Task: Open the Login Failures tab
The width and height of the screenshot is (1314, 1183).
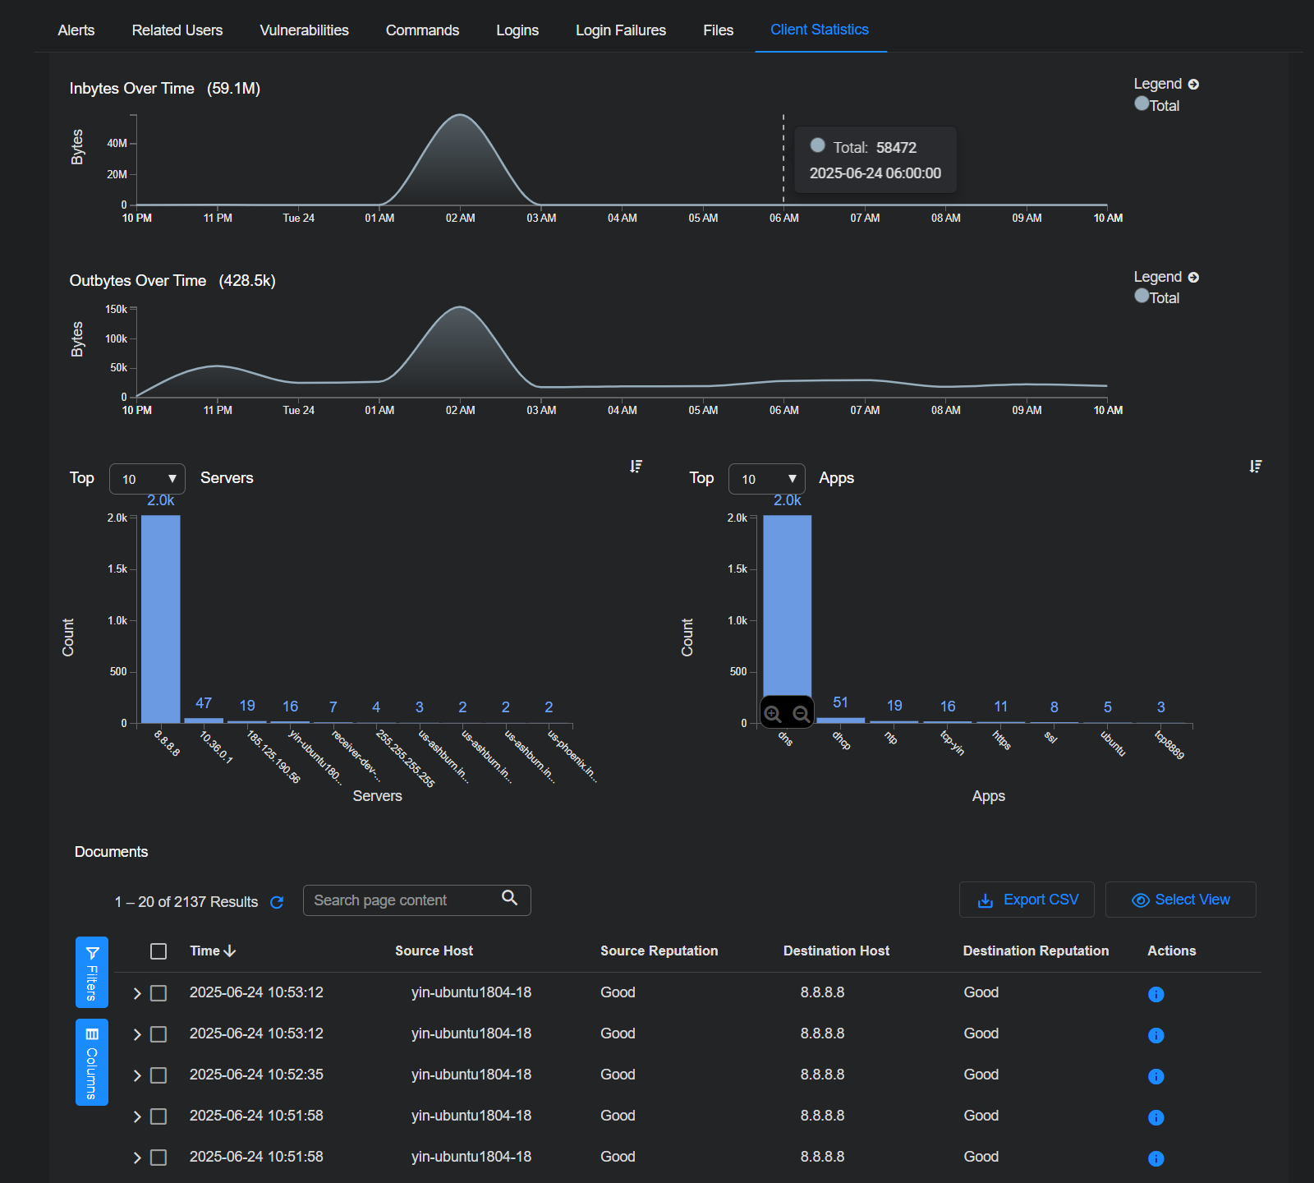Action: point(620,30)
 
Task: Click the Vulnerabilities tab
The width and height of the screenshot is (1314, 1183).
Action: point(304,30)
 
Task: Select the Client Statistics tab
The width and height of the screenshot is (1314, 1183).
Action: point(819,30)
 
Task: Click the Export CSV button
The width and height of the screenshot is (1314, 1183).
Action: point(1027,900)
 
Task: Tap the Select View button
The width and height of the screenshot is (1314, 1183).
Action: point(1180,900)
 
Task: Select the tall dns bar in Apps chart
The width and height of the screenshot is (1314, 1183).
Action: point(787,608)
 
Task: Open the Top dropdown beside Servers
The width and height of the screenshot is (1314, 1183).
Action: point(147,479)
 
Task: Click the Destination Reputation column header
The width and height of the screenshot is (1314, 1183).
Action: point(1036,951)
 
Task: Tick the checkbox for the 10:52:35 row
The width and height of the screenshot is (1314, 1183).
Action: point(159,1075)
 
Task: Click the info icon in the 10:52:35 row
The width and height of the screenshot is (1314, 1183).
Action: point(1155,1076)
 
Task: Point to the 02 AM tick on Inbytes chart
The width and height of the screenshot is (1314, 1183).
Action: point(460,218)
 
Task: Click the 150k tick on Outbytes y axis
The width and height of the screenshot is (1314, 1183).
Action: point(117,310)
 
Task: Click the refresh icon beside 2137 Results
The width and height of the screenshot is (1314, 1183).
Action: point(277,902)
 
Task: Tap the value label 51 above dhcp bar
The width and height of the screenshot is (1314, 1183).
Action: point(840,702)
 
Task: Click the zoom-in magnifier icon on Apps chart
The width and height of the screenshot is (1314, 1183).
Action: point(773,714)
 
